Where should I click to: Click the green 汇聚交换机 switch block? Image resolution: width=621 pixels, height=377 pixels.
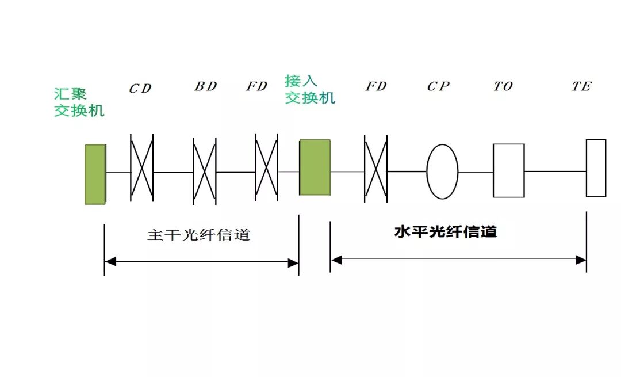[95, 174]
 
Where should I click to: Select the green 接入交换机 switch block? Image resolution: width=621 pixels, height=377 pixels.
[315, 167]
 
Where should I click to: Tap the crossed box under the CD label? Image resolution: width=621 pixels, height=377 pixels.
[142, 168]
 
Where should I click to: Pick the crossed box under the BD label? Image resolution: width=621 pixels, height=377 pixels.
[205, 171]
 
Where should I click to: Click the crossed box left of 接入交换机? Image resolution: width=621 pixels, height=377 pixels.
[266, 167]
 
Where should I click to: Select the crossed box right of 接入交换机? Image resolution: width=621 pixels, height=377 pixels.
[375, 169]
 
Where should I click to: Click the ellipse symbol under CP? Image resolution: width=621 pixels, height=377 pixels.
[442, 172]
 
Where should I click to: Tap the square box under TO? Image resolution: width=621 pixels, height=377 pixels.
[508, 170]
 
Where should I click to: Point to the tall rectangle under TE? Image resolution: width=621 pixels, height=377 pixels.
[596, 168]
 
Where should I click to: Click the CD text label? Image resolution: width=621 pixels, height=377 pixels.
[140, 89]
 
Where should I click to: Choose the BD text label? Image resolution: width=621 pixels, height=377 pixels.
[205, 86]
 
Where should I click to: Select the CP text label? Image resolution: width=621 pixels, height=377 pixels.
[438, 86]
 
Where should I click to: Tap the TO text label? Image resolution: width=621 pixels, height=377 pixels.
[503, 86]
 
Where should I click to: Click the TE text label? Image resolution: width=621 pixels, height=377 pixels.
[581, 86]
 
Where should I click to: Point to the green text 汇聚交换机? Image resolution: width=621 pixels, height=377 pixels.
[79, 102]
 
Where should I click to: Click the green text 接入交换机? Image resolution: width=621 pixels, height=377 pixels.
[309, 89]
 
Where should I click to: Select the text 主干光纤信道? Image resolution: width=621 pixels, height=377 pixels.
[199, 235]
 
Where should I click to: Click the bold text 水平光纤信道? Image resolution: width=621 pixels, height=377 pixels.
[446, 232]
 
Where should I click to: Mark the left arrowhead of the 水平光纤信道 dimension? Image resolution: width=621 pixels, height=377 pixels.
[337, 260]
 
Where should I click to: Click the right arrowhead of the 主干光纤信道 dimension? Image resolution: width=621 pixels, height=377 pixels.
[293, 263]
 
